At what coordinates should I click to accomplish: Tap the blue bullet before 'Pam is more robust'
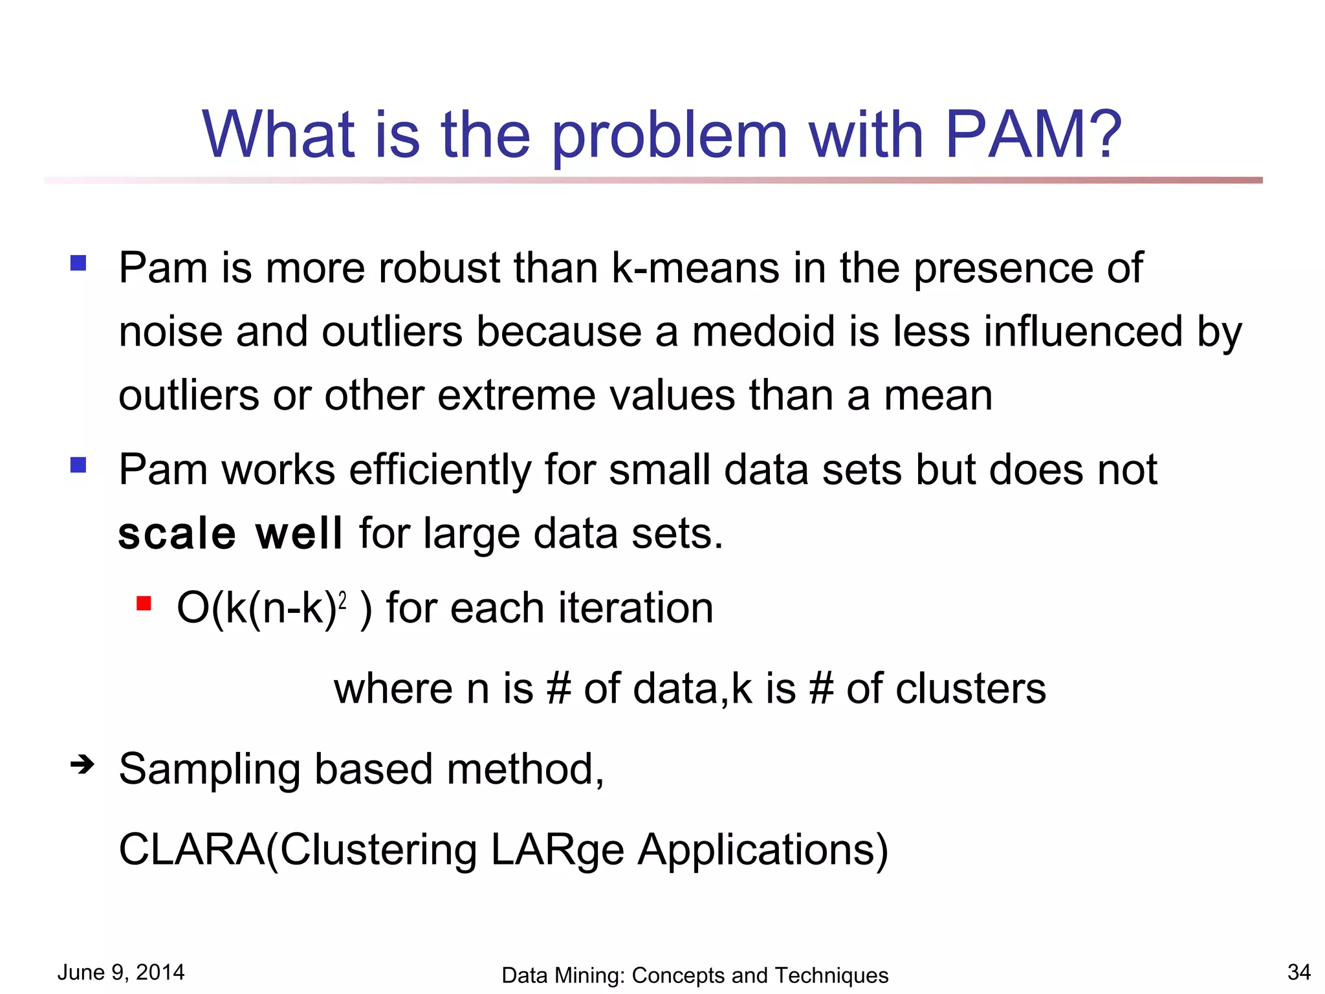click(78, 263)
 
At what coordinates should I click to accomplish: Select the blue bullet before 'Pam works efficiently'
click(78, 465)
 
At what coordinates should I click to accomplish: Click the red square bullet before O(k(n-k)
click(144, 604)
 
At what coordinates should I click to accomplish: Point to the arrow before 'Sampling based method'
click(82, 765)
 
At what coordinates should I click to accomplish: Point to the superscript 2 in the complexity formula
click(343, 601)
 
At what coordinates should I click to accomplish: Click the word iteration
click(635, 608)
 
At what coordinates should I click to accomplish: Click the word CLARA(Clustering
click(298, 849)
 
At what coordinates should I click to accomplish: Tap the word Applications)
click(763, 850)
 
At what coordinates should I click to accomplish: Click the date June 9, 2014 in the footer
click(121, 972)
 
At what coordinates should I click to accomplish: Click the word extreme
click(516, 395)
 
